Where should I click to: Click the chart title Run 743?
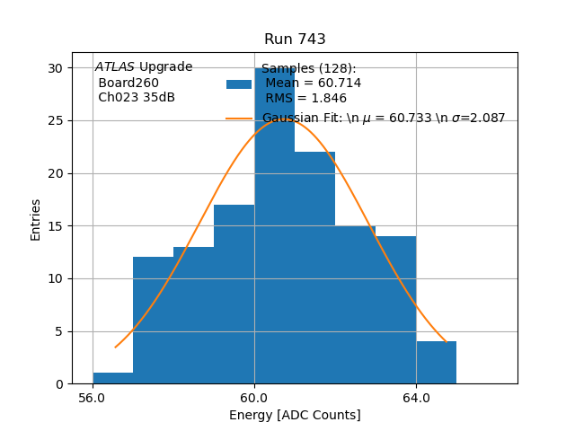pos(295,40)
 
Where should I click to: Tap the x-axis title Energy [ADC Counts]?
pos(295,415)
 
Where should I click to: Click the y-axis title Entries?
pos(36,219)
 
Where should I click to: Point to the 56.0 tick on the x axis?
pos(93,397)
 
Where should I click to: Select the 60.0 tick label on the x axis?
pos(254,397)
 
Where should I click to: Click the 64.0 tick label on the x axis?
pos(416,397)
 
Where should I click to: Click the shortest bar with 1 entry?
pos(112,378)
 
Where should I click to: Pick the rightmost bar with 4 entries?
pos(436,363)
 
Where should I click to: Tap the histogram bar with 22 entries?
pos(314,269)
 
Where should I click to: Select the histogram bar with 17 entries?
pos(234,296)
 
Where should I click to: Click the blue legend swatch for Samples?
pos(239,84)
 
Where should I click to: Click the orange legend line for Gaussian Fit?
pos(239,119)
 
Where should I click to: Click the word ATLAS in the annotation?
pos(115,67)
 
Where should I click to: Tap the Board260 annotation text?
pos(128,83)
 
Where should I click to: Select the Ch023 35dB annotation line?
pos(137,97)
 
